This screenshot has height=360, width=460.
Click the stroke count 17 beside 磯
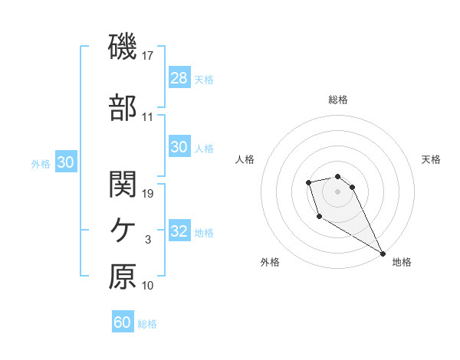[148, 56]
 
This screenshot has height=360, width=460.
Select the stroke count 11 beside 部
[148, 117]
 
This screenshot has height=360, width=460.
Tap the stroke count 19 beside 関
[149, 194]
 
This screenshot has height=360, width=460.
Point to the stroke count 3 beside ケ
[148, 240]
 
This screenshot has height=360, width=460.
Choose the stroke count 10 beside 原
[148, 286]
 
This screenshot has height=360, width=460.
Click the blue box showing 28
[179, 78]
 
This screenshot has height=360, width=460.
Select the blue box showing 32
[179, 231]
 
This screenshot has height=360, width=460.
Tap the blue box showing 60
[123, 322]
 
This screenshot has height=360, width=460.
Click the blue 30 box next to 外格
[65, 162]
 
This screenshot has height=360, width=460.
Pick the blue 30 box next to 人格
[179, 147]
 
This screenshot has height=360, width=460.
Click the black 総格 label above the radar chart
[338, 100]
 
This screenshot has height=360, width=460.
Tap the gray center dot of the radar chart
[338, 191]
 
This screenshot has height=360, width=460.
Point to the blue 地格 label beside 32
[204, 232]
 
